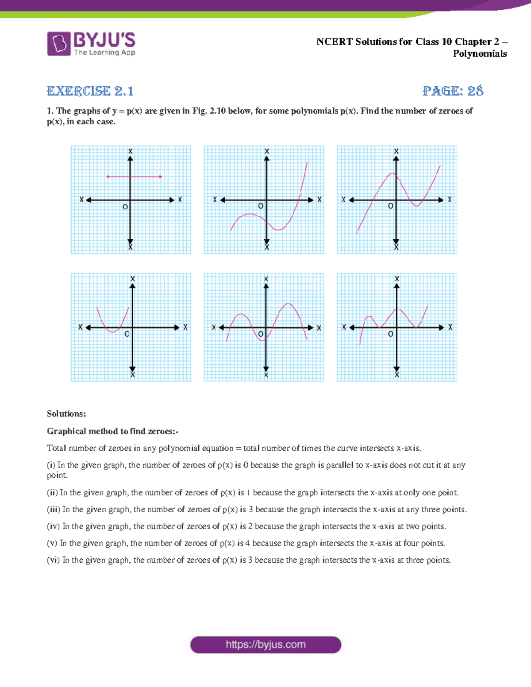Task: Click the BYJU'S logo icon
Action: [58, 43]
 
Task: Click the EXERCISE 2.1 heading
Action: [90, 91]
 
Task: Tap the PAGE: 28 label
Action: [452, 91]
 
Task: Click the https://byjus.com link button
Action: [265, 645]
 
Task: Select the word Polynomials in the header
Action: [480, 54]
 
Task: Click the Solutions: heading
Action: [66, 414]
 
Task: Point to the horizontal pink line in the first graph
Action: [134, 177]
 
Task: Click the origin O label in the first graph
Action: [125, 207]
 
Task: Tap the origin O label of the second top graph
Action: [261, 206]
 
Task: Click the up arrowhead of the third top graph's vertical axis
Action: [396, 158]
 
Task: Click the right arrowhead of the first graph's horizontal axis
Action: [172, 200]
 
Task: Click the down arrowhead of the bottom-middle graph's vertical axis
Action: [266, 368]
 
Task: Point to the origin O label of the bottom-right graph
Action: [390, 334]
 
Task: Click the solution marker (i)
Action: [51, 465]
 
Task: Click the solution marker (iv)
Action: [53, 526]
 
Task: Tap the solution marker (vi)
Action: [53, 560]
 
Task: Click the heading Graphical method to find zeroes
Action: [112, 431]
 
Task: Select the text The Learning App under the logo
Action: [104, 53]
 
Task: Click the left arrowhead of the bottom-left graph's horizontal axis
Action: [88, 328]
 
